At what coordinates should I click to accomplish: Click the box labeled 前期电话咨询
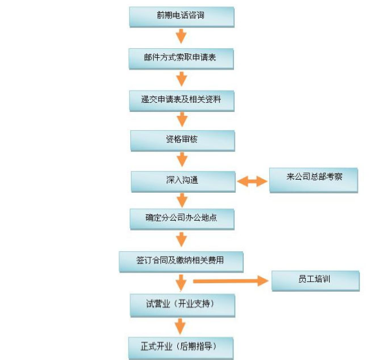(182, 17)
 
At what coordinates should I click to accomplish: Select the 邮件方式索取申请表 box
(181, 59)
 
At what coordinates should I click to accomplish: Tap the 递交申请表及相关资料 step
(182, 101)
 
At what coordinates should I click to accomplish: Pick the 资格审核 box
(182, 141)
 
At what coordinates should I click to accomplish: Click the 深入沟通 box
(183, 182)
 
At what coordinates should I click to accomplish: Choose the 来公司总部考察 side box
(313, 180)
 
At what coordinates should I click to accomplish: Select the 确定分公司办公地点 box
(182, 219)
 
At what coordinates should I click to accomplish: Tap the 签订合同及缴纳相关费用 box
(181, 262)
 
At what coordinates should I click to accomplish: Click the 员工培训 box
(315, 281)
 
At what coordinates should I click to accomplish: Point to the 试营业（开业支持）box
(182, 305)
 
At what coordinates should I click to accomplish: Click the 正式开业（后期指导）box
(181, 348)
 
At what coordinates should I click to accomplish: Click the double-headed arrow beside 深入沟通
(252, 182)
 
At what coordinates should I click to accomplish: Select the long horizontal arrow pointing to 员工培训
(231, 281)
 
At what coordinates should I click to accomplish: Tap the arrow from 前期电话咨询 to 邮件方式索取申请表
(181, 36)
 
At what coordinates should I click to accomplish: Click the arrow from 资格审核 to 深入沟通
(182, 159)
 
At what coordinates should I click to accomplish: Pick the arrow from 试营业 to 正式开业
(181, 326)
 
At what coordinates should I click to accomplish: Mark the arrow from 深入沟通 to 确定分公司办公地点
(182, 201)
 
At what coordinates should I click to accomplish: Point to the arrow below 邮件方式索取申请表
(182, 79)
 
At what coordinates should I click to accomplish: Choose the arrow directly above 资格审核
(182, 120)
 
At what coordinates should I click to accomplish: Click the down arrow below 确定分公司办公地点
(182, 240)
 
